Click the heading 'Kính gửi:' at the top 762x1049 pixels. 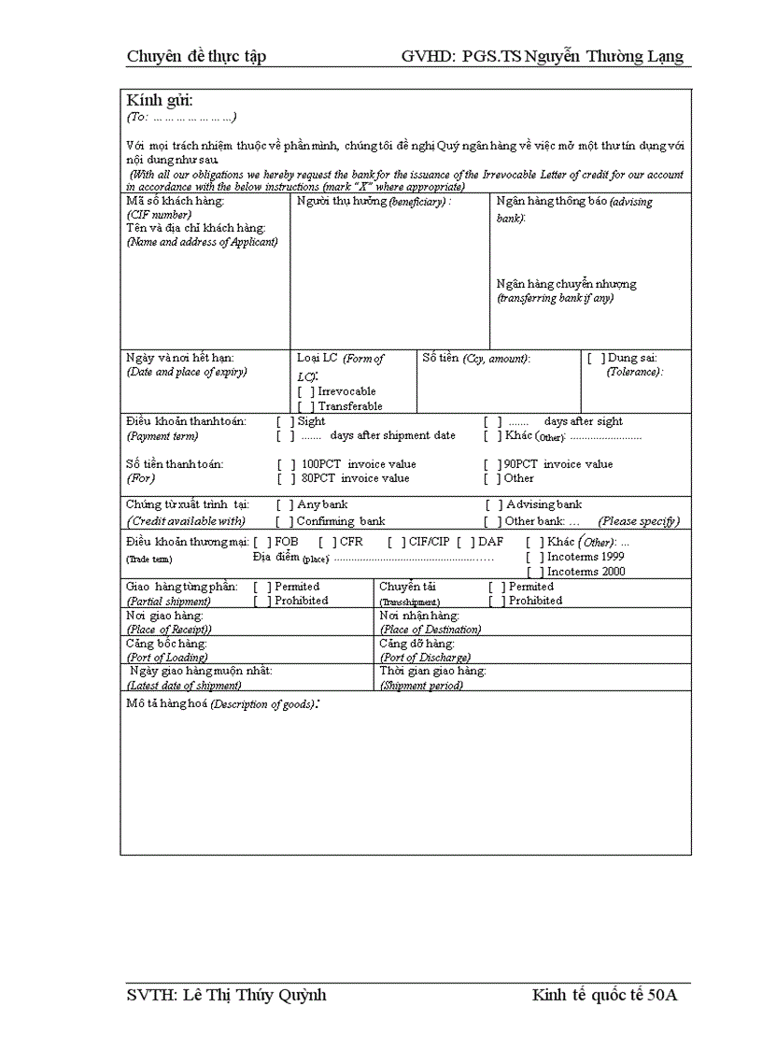click(x=160, y=101)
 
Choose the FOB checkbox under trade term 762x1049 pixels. click(x=262, y=542)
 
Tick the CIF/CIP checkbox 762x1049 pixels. click(x=396, y=542)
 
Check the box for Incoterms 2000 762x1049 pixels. click(x=535, y=572)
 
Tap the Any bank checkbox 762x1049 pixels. click(x=284, y=505)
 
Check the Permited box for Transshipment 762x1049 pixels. click(x=496, y=587)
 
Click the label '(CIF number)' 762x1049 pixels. click(x=159, y=215)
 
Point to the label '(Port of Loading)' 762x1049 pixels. click(x=166, y=658)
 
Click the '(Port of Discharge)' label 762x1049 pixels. click(x=425, y=658)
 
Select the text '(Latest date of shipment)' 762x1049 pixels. click(x=183, y=686)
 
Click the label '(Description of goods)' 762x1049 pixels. click(x=262, y=704)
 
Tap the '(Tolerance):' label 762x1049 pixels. click(x=635, y=372)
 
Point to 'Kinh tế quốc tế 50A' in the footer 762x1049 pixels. click(x=604, y=995)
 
